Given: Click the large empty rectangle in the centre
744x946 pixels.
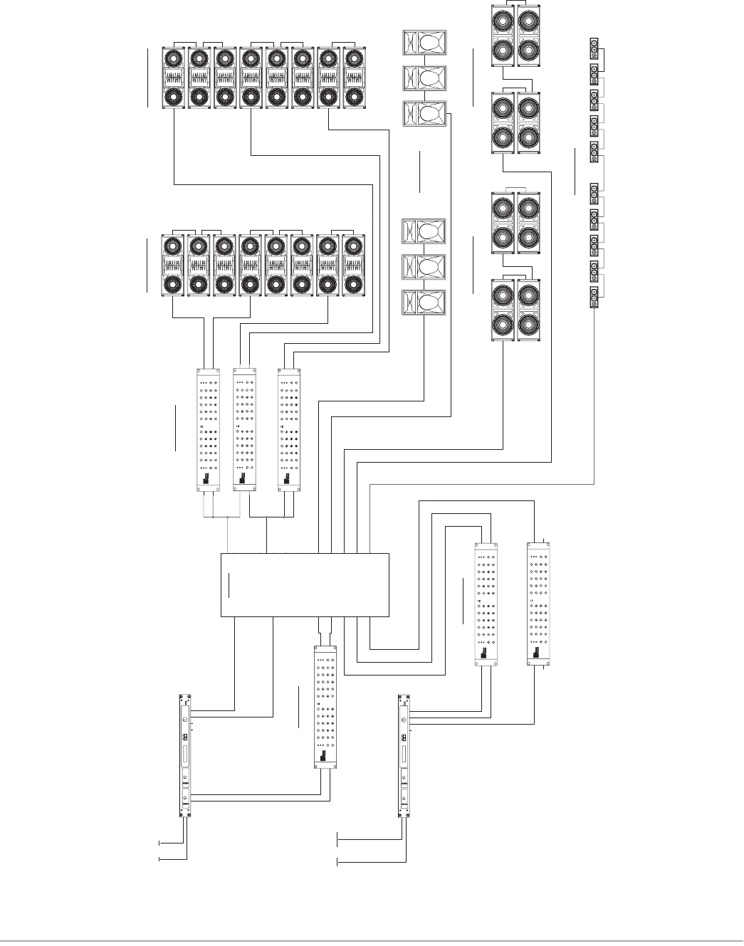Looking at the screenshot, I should click(x=306, y=584).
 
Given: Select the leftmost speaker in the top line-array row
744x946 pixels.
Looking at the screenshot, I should click(x=173, y=78).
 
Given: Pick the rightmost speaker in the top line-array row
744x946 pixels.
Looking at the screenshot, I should click(x=354, y=78).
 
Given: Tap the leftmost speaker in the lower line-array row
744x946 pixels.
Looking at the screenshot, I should click(x=173, y=263).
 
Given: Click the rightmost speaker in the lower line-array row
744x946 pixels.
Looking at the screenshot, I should click(x=354, y=263).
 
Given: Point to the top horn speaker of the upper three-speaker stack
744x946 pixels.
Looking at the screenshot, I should click(x=425, y=42).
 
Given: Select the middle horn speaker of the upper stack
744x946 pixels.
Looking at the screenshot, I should click(x=425, y=78).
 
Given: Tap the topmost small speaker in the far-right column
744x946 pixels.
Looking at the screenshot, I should click(x=594, y=48).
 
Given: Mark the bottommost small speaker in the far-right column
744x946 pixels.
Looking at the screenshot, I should click(x=594, y=298).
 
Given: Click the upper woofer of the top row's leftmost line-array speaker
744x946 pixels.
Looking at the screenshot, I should click(x=173, y=58).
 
